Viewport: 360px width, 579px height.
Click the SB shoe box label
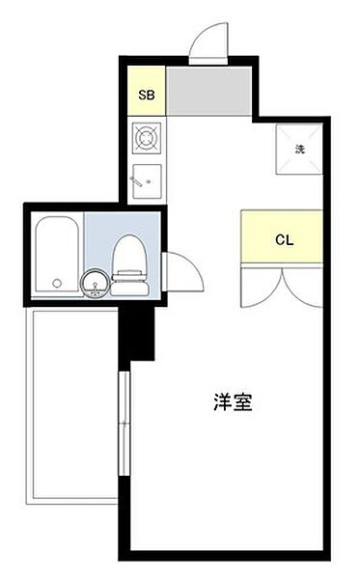tap(147, 95)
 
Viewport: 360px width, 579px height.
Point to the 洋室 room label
tap(233, 403)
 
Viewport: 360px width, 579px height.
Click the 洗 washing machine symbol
tap(299, 149)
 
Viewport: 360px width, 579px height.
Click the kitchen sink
tap(147, 179)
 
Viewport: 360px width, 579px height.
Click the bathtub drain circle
tap(56, 284)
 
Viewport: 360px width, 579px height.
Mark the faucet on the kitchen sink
tap(138, 179)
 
